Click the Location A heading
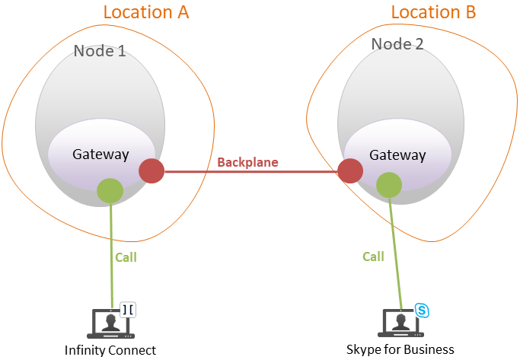tap(145, 12)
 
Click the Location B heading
tap(433, 12)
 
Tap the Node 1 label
tap(99, 52)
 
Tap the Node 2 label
tap(397, 44)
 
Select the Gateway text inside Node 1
tap(100, 154)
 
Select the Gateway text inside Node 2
tap(397, 155)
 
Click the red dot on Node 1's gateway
tap(152, 171)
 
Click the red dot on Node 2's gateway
tap(350, 171)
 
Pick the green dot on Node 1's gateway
tap(110, 191)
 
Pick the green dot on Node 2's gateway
tap(389, 185)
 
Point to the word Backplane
tap(247, 162)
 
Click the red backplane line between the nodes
tap(251, 172)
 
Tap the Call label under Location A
tap(126, 257)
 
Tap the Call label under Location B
tap(373, 256)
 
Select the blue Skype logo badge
tap(422, 310)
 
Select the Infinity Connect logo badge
tap(127, 310)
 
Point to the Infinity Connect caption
tap(110, 350)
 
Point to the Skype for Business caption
tap(400, 349)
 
